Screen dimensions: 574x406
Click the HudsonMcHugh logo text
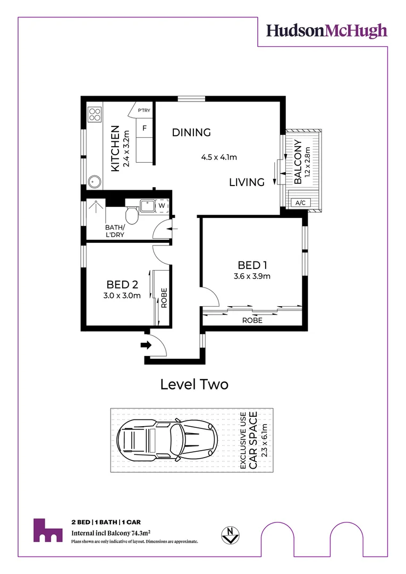point(327,31)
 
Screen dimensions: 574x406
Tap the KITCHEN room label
point(114,149)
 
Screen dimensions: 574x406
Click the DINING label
point(191,132)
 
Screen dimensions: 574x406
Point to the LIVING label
point(247,182)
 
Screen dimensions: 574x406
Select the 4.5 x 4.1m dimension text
point(218,157)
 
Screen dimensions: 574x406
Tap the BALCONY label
point(298,162)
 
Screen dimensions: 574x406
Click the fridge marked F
point(144,128)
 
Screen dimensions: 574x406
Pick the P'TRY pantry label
point(143,111)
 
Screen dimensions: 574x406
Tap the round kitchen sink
point(95,181)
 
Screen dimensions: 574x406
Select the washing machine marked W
point(161,205)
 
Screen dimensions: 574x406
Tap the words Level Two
point(194,384)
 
